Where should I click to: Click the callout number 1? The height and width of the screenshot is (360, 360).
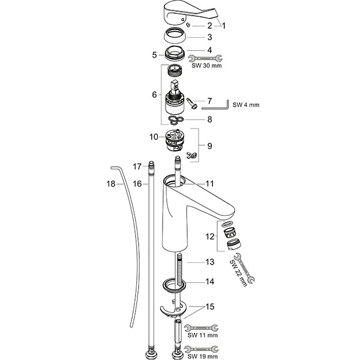(x=224, y=25)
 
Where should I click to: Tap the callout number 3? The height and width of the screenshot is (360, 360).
(x=209, y=37)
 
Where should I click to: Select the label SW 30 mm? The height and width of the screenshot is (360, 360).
(x=205, y=67)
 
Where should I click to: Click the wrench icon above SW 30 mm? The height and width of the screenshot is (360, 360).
(x=205, y=58)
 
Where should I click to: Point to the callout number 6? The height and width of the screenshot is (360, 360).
(x=154, y=95)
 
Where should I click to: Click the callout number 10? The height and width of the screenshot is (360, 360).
(x=154, y=137)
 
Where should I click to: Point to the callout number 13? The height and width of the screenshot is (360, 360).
(x=209, y=262)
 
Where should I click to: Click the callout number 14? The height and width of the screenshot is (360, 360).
(x=209, y=281)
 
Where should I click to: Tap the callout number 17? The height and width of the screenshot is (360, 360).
(x=137, y=166)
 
